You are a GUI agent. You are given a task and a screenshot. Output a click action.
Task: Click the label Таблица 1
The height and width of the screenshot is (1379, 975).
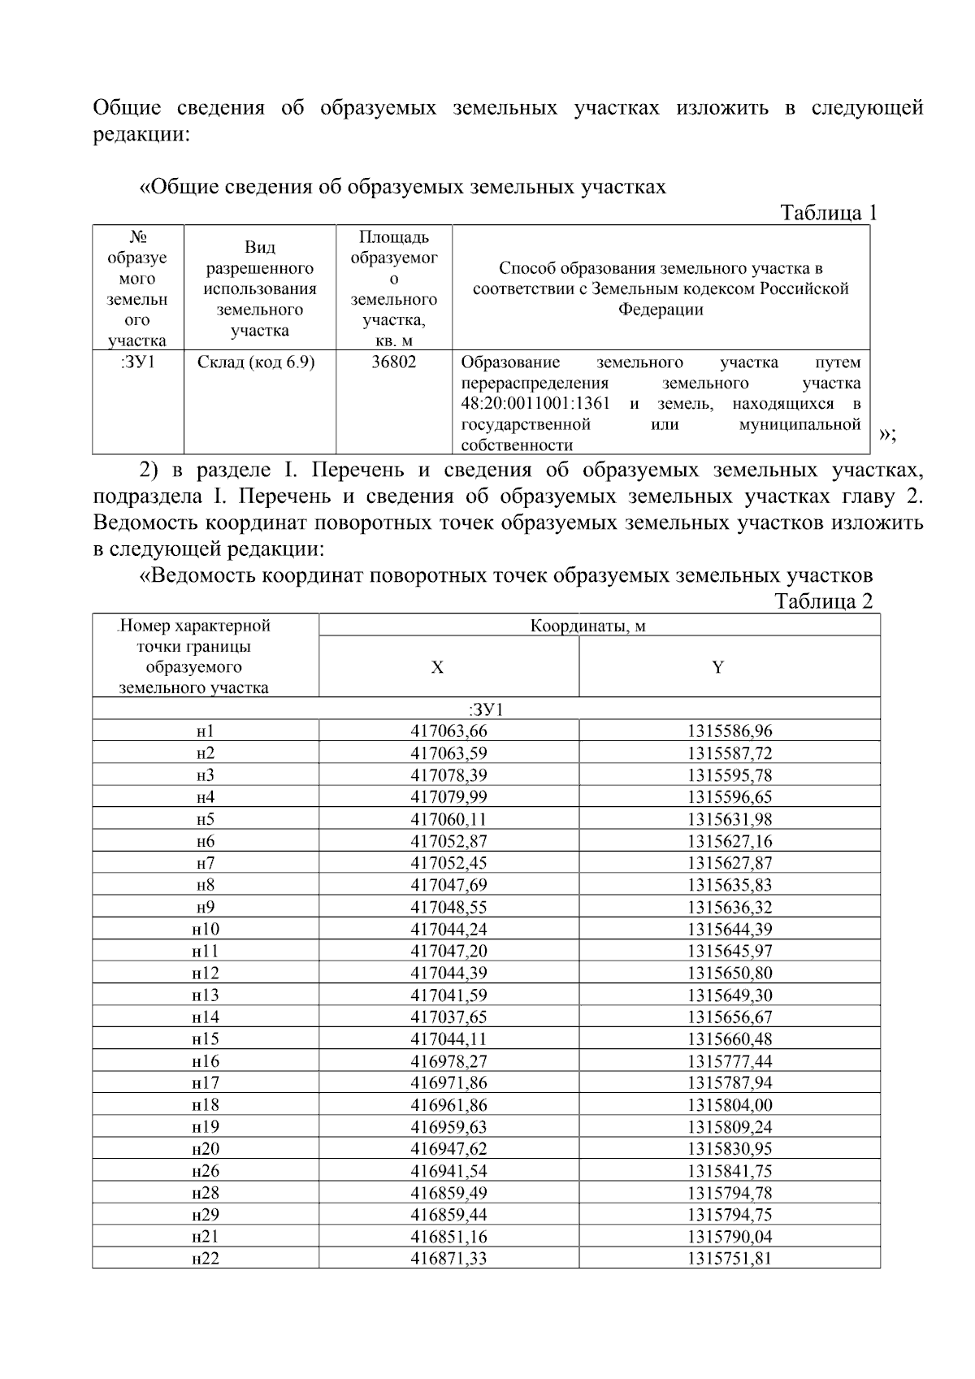coord(828,213)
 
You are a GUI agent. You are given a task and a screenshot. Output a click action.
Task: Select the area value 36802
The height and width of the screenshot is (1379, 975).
coord(394,362)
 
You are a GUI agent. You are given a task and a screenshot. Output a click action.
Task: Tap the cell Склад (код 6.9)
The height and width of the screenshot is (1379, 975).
coord(256,362)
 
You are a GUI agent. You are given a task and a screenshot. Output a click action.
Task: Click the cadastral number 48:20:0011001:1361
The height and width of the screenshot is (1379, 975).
coord(535,404)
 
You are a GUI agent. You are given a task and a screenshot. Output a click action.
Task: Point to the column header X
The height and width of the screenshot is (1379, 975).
coord(437,668)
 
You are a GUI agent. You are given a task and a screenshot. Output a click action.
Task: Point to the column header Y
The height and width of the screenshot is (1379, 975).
coord(718,668)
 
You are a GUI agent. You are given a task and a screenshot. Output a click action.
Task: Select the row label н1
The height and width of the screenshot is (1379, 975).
coord(206,731)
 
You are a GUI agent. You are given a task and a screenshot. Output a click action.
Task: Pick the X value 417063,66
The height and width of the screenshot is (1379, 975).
coord(449,731)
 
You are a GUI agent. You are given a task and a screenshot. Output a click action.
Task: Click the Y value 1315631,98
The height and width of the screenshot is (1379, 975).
coord(730,819)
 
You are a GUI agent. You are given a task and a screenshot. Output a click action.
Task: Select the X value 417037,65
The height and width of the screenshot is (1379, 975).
coord(449,1017)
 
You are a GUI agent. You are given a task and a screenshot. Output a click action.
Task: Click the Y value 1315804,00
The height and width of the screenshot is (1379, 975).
coord(730,1104)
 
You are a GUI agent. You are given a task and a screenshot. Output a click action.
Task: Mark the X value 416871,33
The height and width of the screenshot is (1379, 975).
coord(449,1259)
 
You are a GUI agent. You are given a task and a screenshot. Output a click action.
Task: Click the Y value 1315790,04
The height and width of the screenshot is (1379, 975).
coord(730,1237)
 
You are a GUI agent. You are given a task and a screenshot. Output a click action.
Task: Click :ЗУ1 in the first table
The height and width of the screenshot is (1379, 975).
coord(137,362)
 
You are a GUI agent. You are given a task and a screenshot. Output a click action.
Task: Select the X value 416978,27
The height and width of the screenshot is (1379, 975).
coord(449,1060)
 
